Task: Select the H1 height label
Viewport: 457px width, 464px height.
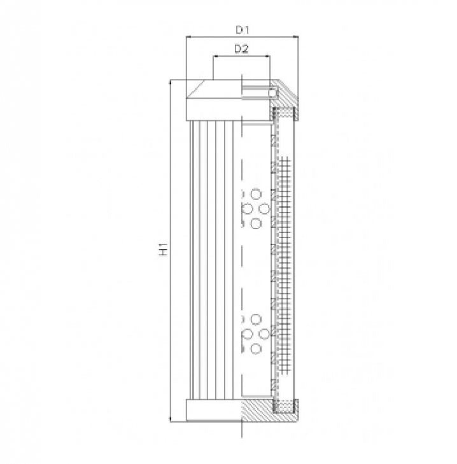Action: pos(164,250)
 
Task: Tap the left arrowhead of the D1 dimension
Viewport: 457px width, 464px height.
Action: pos(188,38)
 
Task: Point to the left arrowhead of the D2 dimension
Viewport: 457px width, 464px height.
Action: pos(214,56)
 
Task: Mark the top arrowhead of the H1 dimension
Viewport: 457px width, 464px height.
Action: pos(171,83)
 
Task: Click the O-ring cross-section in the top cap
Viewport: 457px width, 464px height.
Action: pos(273,93)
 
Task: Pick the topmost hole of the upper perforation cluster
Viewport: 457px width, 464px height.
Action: pos(256,193)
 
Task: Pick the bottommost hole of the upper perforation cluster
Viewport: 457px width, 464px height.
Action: pos(256,223)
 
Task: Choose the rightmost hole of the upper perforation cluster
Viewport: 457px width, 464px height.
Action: pos(264,208)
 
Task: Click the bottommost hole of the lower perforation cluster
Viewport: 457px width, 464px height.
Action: pos(256,348)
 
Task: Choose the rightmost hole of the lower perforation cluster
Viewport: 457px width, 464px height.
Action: pos(264,334)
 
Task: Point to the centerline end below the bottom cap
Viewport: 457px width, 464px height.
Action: pos(243,438)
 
